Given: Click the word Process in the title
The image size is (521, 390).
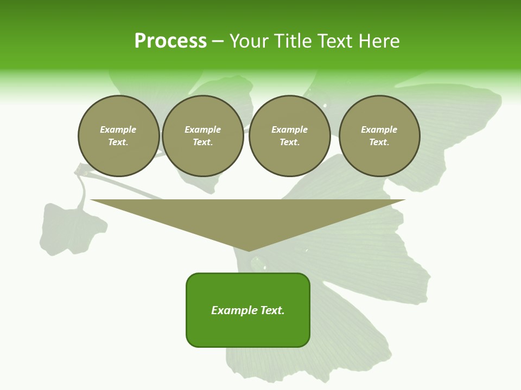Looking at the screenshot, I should point(170,41).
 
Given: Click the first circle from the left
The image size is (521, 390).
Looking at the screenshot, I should point(119,136).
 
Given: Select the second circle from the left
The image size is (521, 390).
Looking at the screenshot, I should point(203,136).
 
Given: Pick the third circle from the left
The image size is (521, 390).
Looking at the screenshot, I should point(290,136).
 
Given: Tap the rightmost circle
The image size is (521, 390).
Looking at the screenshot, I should point(379,136).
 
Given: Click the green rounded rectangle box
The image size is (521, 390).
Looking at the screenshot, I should point(248,310).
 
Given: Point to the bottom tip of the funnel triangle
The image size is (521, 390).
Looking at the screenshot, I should point(249,251).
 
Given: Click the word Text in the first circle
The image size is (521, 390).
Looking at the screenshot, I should point(118,142).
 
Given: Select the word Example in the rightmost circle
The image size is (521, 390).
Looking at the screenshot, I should point(379,129).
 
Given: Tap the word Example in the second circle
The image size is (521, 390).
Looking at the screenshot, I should point(203,129).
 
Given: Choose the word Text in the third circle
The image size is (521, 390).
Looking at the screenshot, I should point(289,142).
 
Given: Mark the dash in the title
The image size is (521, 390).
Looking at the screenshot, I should point(218,41).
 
